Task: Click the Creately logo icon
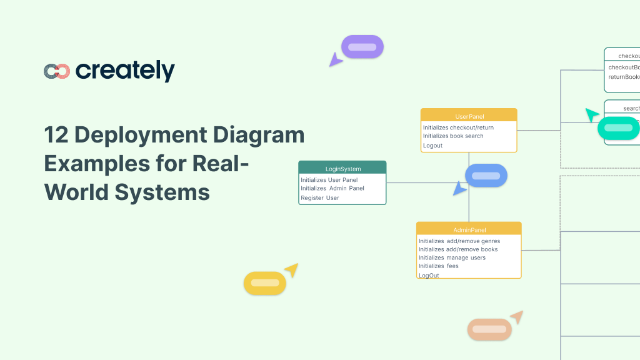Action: (56, 71)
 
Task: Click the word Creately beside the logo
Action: (125, 71)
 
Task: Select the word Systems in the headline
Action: (163, 191)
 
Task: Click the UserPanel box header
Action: (469, 116)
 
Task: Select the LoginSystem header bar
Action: (342, 168)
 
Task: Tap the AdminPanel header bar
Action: (469, 229)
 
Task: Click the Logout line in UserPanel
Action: (432, 146)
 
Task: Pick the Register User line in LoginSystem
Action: (320, 198)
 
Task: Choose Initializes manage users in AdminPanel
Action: (452, 257)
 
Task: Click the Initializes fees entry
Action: (439, 266)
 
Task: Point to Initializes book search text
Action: (453, 136)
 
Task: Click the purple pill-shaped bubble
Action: (362, 47)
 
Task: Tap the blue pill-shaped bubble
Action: (486, 176)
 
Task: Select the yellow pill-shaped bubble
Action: (264, 283)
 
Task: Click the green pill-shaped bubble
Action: (618, 128)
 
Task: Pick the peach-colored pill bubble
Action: (489, 329)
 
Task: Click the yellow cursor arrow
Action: (291, 270)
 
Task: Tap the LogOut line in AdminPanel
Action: (429, 275)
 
